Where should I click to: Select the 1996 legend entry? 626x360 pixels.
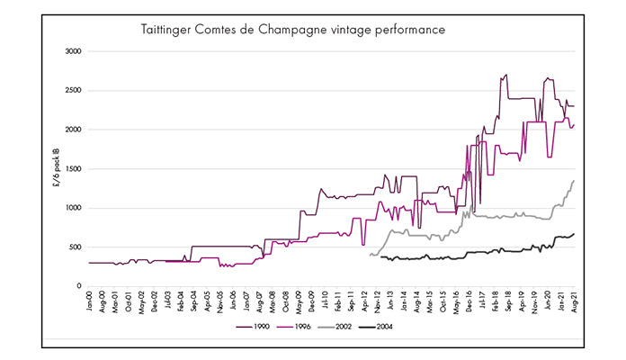click(x=302, y=327)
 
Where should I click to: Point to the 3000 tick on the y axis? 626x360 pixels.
click(x=74, y=51)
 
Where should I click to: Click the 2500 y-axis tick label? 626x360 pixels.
click(x=74, y=91)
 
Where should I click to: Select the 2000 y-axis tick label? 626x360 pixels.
click(x=74, y=130)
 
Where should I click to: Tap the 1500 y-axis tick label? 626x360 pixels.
click(x=74, y=169)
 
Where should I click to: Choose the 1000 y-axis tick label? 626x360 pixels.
click(x=74, y=208)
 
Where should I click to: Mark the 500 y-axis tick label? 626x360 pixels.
click(x=76, y=247)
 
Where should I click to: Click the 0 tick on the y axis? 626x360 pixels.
click(x=80, y=286)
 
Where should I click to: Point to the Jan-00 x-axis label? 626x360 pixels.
click(x=90, y=301)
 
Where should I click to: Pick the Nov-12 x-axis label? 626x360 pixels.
click(x=377, y=301)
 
